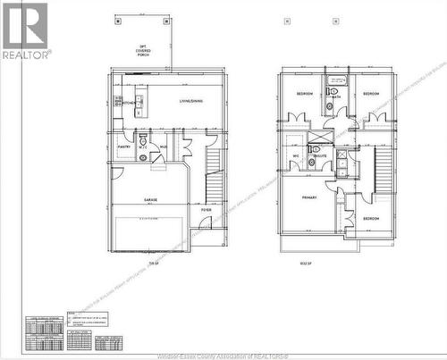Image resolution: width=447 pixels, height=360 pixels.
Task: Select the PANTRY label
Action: [123, 147]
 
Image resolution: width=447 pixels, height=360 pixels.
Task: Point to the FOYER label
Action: [206, 210]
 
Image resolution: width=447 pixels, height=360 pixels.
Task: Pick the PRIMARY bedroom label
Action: [308, 197]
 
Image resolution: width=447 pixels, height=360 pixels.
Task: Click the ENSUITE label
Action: [318, 155]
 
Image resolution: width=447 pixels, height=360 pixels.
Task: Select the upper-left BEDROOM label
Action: [304, 93]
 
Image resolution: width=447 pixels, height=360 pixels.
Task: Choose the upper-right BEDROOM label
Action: [372, 93]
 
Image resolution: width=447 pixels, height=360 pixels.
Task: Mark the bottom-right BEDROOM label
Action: [369, 218]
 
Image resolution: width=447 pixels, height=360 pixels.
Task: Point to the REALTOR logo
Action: [25, 31]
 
